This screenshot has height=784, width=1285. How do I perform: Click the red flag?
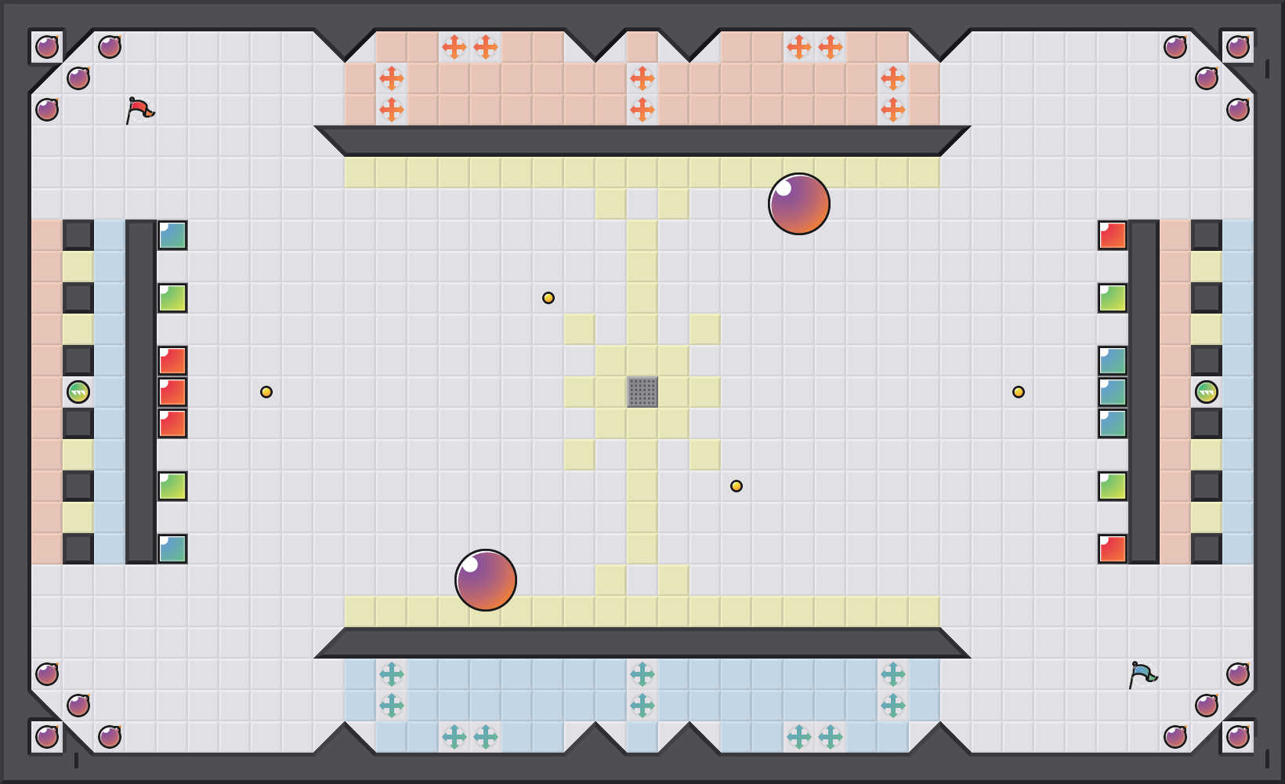(139, 110)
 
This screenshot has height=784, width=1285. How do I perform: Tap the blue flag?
(1142, 674)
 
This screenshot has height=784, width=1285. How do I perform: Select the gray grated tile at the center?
(642, 392)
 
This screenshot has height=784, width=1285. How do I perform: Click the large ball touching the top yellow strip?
(799, 204)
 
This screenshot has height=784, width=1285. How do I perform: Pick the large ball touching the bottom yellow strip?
(486, 580)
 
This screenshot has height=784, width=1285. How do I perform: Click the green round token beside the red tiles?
(78, 392)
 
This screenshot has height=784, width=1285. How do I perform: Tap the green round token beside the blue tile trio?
(1207, 392)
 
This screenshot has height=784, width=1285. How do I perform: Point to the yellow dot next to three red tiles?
(266, 392)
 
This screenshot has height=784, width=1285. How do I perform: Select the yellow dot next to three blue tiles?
(1019, 392)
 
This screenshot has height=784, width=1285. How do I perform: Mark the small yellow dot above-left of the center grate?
(548, 298)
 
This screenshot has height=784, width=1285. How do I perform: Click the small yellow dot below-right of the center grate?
(737, 486)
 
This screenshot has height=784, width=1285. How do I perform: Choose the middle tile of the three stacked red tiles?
(172, 392)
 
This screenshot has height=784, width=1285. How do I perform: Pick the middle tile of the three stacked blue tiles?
(1113, 392)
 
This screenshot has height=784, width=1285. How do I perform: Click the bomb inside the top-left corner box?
(47, 47)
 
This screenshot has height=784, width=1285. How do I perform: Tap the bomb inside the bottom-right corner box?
(1238, 737)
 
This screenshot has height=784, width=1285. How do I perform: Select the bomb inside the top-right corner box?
(1238, 47)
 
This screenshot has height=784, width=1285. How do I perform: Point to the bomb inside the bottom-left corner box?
(47, 737)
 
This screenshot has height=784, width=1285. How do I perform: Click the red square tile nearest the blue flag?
(1113, 549)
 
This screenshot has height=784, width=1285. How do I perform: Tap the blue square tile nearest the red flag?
(172, 235)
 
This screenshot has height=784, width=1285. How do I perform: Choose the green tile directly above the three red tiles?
(172, 298)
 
